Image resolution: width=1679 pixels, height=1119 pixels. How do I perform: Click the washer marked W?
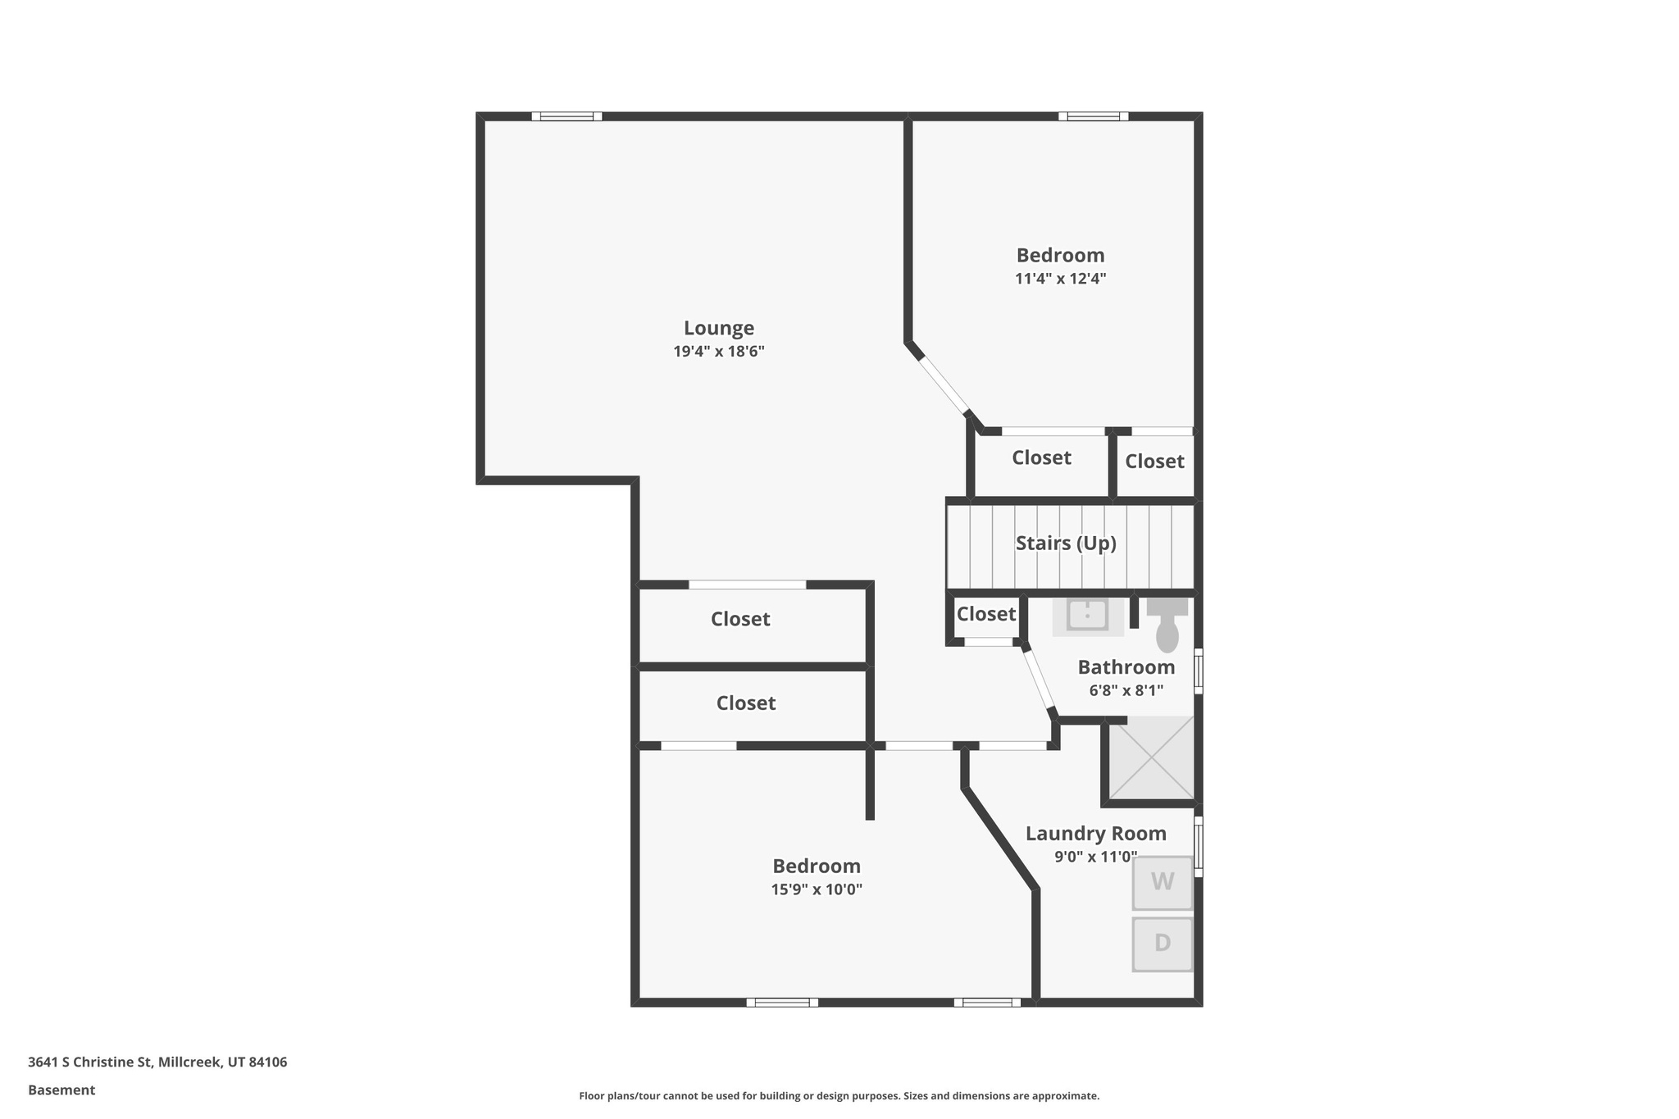click(x=1162, y=882)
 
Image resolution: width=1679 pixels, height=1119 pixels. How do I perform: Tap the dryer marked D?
click(x=1162, y=944)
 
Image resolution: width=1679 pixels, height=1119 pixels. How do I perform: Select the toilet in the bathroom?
click(x=1167, y=626)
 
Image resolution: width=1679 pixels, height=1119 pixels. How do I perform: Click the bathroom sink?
click(x=1087, y=615)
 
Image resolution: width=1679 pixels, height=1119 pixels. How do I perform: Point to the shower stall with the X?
click(x=1151, y=758)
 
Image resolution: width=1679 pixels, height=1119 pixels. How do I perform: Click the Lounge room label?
click(x=718, y=328)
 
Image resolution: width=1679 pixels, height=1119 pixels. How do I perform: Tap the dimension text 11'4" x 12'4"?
click(x=1060, y=279)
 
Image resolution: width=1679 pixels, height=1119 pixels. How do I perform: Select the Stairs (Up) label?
click(x=1065, y=543)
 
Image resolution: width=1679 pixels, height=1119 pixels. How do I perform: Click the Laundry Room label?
click(x=1095, y=834)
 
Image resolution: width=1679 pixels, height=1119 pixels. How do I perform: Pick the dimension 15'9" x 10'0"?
click(x=816, y=889)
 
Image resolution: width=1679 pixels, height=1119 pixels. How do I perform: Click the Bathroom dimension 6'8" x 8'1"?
click(x=1126, y=690)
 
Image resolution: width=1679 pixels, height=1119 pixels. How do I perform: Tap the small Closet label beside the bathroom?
click(x=985, y=614)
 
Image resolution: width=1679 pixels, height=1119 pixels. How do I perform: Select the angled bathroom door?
click(x=1039, y=680)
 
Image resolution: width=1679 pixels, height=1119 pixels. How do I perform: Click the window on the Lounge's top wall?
click(x=566, y=116)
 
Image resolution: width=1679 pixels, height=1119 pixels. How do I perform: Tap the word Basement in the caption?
click(x=61, y=1090)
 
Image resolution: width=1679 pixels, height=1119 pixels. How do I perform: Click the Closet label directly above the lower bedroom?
click(x=745, y=703)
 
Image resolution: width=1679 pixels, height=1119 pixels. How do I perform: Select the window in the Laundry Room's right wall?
click(x=1198, y=846)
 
